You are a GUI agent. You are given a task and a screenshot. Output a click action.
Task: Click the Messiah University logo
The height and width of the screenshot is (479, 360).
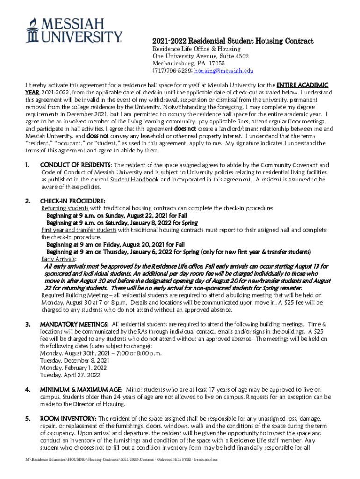point(75,30)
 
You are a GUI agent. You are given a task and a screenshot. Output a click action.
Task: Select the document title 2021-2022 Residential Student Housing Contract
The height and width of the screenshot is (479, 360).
point(233,41)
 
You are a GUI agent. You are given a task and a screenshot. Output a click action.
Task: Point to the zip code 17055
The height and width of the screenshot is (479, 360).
point(216,64)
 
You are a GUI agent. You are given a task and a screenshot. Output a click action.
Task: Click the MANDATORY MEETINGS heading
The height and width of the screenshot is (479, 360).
point(75,324)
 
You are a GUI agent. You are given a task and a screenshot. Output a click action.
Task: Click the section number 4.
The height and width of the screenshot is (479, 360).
point(28,390)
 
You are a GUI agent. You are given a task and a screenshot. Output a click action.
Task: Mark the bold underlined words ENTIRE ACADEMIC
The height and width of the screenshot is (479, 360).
point(302,85)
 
